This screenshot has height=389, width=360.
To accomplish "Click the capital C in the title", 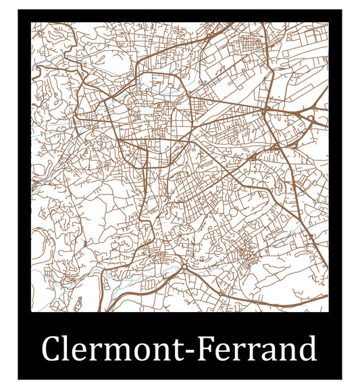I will (x=53, y=350).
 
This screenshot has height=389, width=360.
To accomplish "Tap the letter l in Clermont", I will (x=71, y=348).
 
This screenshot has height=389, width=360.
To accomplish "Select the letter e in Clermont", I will (x=84, y=352).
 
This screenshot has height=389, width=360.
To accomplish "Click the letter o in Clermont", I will (x=149, y=352).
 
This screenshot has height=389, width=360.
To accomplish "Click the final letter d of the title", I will (x=307, y=350).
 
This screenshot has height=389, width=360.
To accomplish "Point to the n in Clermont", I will (x=169, y=352).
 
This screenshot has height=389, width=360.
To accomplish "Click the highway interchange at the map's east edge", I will (x=312, y=120).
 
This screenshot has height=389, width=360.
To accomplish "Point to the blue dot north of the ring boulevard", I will (x=204, y=82).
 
